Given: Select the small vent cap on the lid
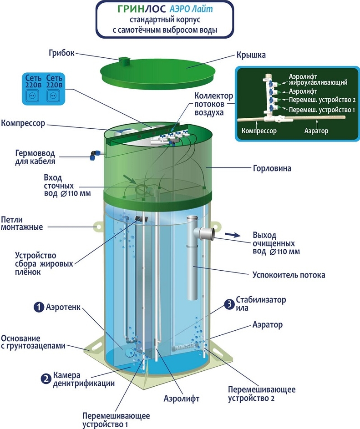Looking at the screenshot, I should pyautogui.click(x=123, y=61).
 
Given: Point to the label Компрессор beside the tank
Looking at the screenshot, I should pyautogui.click(x=23, y=123).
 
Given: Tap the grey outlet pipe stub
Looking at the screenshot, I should pyautogui.click(x=208, y=233).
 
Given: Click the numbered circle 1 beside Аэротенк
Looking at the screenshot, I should pyautogui.click(x=39, y=307).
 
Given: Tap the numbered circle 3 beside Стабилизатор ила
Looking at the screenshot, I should pyautogui.click(x=228, y=304).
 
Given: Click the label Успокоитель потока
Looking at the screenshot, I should pyautogui.click(x=289, y=275).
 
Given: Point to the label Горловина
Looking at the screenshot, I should pyautogui.click(x=272, y=168).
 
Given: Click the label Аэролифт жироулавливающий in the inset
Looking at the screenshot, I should pyautogui.click(x=318, y=80).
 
